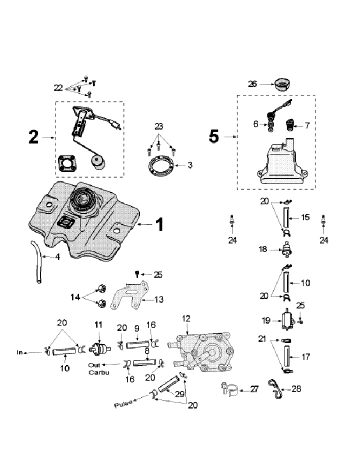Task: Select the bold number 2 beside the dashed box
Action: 33,137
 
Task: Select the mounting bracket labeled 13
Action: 131,298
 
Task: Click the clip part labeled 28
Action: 273,388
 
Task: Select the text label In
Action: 20,352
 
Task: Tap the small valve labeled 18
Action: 287,249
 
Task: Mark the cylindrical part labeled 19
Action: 287,320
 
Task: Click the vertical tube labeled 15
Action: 286,218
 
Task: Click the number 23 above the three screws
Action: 159,127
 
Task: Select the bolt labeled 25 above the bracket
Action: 137,273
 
